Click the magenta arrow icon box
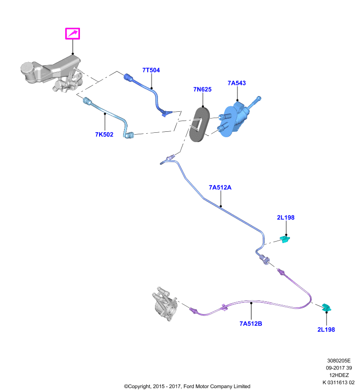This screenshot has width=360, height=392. coord(73,33)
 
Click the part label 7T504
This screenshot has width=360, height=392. coord(151,70)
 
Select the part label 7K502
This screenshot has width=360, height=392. coord(104,134)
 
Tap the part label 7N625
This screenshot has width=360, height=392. coord(203,90)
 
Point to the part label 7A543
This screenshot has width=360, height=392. coord(237,83)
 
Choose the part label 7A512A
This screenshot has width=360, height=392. coord(220,188)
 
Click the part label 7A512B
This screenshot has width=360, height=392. coord(251,324)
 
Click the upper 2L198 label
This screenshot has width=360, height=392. coord(286,218)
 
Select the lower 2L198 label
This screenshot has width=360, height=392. coord(326,330)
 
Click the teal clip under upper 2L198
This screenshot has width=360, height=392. coord(284,239)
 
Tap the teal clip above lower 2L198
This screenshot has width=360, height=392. coord(326,308)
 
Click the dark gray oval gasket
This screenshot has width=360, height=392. coord(200,124)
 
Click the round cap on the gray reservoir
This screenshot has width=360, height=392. coord(26,68)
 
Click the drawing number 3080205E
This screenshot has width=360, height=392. coord(339,361)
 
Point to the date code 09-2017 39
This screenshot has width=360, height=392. coord(339,368)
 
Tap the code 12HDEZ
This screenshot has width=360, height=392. coord(339,375)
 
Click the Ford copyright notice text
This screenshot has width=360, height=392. coord(187,387)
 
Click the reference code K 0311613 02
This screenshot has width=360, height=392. coord(338,383)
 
